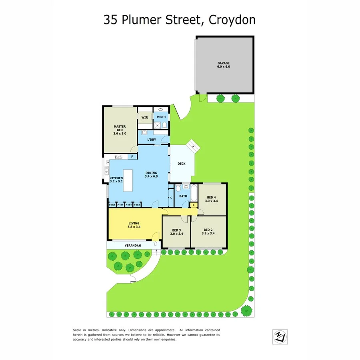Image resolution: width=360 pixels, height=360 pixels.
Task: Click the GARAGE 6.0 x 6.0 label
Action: coord(224,65)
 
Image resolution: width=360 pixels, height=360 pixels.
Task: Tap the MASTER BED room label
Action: coord(120,130)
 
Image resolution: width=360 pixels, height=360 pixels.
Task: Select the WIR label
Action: coord(144,117)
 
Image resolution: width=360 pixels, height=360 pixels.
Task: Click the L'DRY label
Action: coord(152,140)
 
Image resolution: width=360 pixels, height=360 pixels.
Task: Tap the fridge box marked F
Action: coord(133,157)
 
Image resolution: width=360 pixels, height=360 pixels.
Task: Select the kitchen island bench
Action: coord(128,180)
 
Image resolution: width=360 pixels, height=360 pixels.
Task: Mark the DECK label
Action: coord(182,164)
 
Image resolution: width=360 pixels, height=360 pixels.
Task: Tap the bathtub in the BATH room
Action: coord(194,194)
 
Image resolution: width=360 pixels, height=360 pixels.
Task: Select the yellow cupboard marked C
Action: coord(194,205)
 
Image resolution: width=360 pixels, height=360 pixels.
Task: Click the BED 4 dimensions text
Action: coord(212,201)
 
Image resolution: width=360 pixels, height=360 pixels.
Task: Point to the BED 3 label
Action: coord(176,230)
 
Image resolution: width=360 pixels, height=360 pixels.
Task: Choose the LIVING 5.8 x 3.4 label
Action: coord(134,226)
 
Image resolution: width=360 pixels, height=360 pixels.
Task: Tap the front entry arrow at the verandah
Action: coord(156,243)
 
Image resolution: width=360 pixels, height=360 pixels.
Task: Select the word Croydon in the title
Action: coord(232,20)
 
